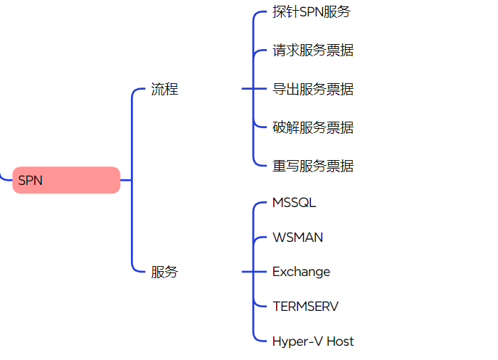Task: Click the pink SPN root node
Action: tap(66, 180)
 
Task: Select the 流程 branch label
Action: tap(164, 89)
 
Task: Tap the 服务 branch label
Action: tap(164, 272)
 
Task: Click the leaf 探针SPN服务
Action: tap(312, 12)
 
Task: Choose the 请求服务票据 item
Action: tap(313, 51)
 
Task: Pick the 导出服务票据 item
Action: tap(313, 89)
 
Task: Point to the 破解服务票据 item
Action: tap(313, 127)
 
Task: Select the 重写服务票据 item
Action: tap(313, 166)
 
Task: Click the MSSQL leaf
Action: tap(294, 203)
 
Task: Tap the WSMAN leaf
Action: tap(297, 237)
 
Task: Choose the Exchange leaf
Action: tap(301, 272)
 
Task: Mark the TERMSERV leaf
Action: tap(305, 306)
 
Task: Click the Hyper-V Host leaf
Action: tap(313, 341)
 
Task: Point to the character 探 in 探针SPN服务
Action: tap(280, 12)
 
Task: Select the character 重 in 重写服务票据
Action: tap(280, 166)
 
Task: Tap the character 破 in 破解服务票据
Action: tap(280, 127)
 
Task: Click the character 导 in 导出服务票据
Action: tap(280, 89)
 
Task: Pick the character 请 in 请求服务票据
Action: tap(280, 51)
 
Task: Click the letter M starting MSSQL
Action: tap(277, 203)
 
